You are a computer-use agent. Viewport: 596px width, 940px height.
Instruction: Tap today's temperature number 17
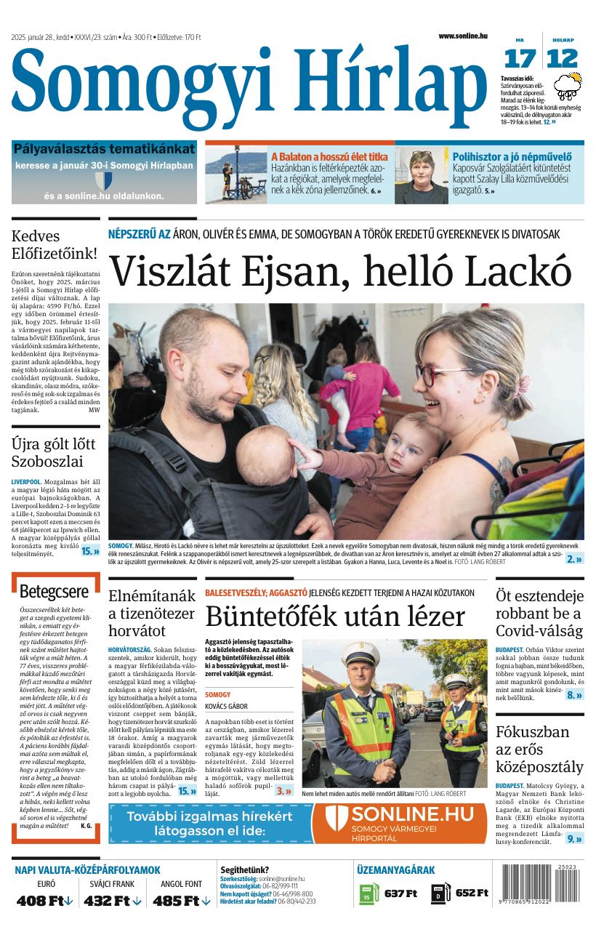click(x=520, y=58)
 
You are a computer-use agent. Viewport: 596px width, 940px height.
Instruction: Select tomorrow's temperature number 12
click(x=563, y=58)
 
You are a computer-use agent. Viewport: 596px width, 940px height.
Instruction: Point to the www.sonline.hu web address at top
click(x=462, y=36)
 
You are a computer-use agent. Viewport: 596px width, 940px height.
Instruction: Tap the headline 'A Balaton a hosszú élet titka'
click(x=329, y=156)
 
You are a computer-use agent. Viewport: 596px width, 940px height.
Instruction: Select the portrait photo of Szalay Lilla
click(x=421, y=176)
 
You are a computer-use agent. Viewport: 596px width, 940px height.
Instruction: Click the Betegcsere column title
click(x=54, y=592)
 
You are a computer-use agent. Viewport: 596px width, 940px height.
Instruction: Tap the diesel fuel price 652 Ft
click(x=472, y=893)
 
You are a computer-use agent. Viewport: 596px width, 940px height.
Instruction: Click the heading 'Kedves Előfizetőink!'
click(x=54, y=245)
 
